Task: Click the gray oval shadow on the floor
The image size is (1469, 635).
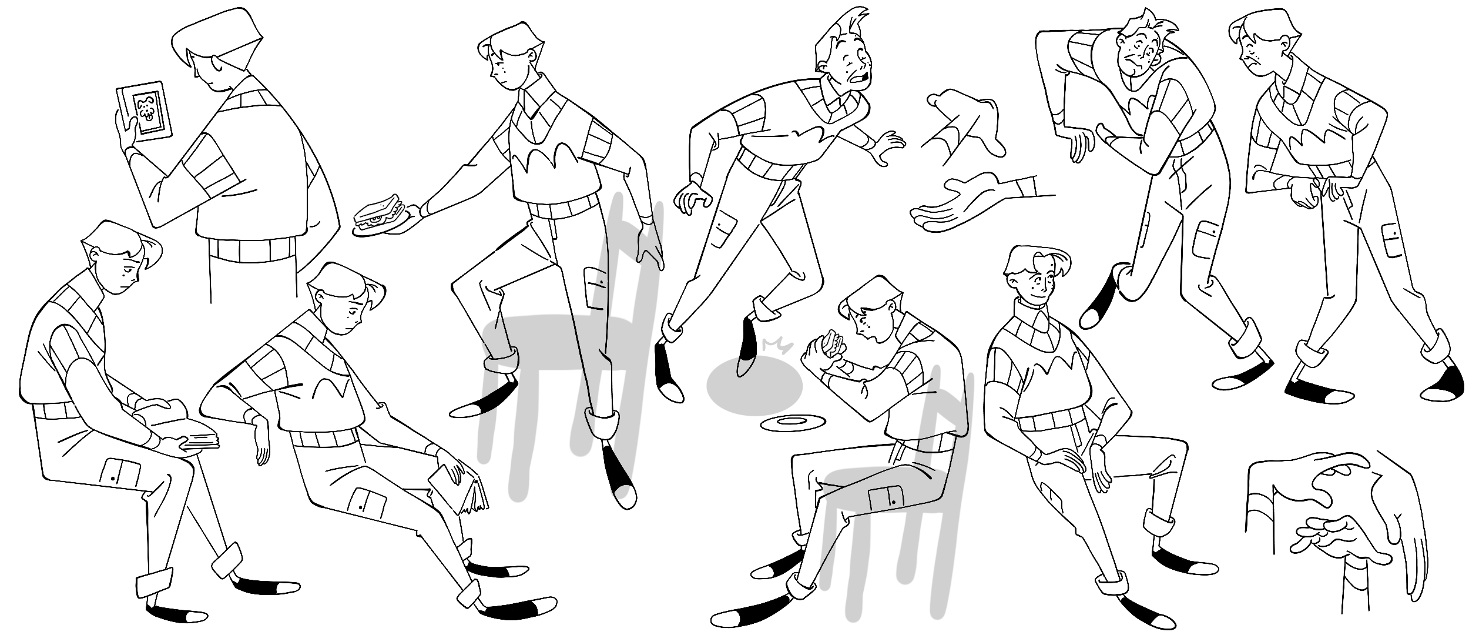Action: tap(754, 387)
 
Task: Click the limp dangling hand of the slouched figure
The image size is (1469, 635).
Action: tap(261, 444)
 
